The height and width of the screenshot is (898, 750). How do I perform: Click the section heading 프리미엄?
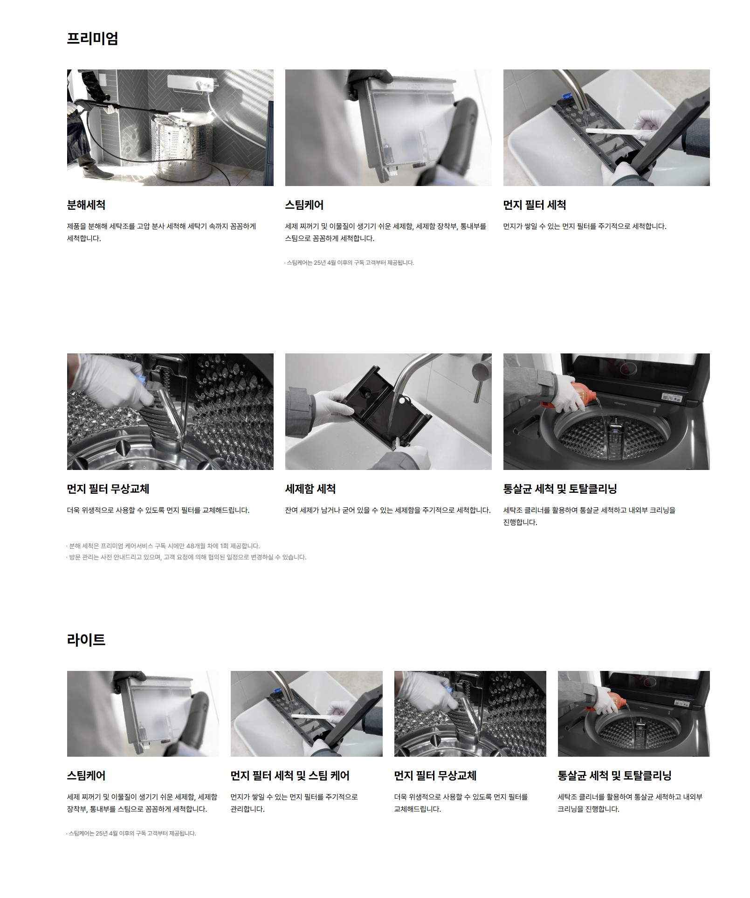tap(92, 38)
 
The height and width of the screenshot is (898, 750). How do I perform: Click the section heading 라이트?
tap(86, 639)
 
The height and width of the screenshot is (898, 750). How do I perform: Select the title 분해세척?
tap(86, 205)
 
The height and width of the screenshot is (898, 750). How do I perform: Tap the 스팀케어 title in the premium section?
tap(304, 205)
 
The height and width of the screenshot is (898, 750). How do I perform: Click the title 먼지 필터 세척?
tap(535, 205)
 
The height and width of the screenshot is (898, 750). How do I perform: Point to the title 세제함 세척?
tap(310, 489)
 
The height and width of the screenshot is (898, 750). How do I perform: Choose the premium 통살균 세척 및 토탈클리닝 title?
tap(560, 489)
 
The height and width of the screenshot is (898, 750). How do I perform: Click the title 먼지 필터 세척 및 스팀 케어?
tap(290, 775)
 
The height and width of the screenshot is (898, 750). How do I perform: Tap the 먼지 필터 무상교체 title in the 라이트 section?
tap(435, 775)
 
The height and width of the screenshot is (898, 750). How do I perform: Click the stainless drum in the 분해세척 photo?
tap(182, 148)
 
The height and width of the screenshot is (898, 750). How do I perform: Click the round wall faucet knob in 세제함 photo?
tap(481, 372)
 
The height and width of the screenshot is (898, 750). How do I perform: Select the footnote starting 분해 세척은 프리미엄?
tap(163, 546)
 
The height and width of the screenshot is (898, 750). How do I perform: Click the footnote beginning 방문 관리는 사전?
tap(186, 557)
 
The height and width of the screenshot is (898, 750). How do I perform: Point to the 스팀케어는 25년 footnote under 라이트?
tap(131, 833)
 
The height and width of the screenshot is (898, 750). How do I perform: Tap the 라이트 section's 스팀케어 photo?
tap(143, 713)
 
